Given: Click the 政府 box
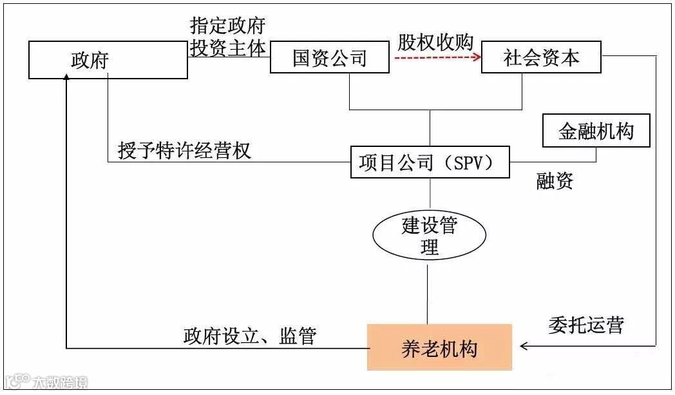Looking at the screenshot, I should (108, 61).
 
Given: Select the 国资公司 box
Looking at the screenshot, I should (329, 58).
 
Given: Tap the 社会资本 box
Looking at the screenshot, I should (541, 57).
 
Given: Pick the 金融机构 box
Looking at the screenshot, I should (596, 131).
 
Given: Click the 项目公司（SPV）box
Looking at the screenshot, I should (430, 162).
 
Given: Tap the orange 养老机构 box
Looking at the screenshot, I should (439, 348).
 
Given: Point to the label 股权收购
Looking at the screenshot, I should (435, 42).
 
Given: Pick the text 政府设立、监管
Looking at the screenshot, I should (249, 336).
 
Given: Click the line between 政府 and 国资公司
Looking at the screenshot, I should (229, 57).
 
